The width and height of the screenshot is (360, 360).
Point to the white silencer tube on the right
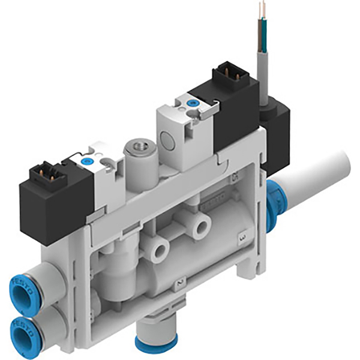(318, 174)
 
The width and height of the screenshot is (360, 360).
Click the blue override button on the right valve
(192, 103)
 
